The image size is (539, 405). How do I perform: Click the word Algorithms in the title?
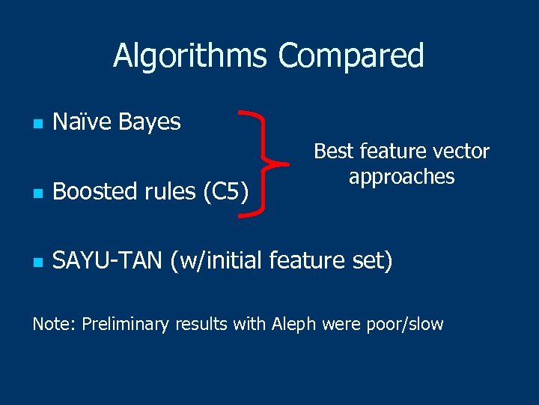pos(191,56)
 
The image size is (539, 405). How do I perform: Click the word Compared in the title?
pos(350,56)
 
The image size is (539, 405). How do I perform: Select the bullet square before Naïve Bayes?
pos(37,123)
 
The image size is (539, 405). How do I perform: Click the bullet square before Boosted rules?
pos(37,193)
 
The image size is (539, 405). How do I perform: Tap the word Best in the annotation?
pos(331,151)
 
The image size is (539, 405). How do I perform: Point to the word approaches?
pos(401,178)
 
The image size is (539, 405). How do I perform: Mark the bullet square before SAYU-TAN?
pos(37,262)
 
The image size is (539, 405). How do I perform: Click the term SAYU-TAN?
pos(108,262)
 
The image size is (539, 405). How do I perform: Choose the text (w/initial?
pos(216,262)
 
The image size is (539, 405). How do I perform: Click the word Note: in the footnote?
pos(54,324)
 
